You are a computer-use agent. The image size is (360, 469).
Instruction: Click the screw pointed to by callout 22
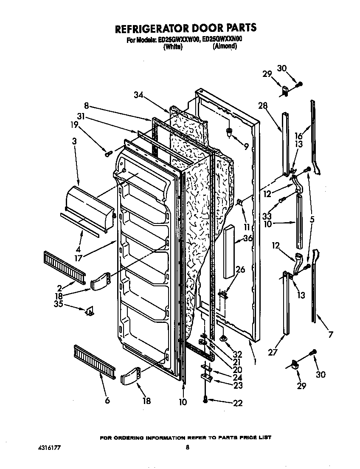206,400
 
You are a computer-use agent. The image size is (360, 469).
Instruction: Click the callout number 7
330,334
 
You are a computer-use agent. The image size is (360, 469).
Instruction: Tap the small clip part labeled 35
90,311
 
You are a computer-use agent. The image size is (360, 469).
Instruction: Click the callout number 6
107,400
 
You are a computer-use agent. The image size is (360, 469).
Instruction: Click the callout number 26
240,269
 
